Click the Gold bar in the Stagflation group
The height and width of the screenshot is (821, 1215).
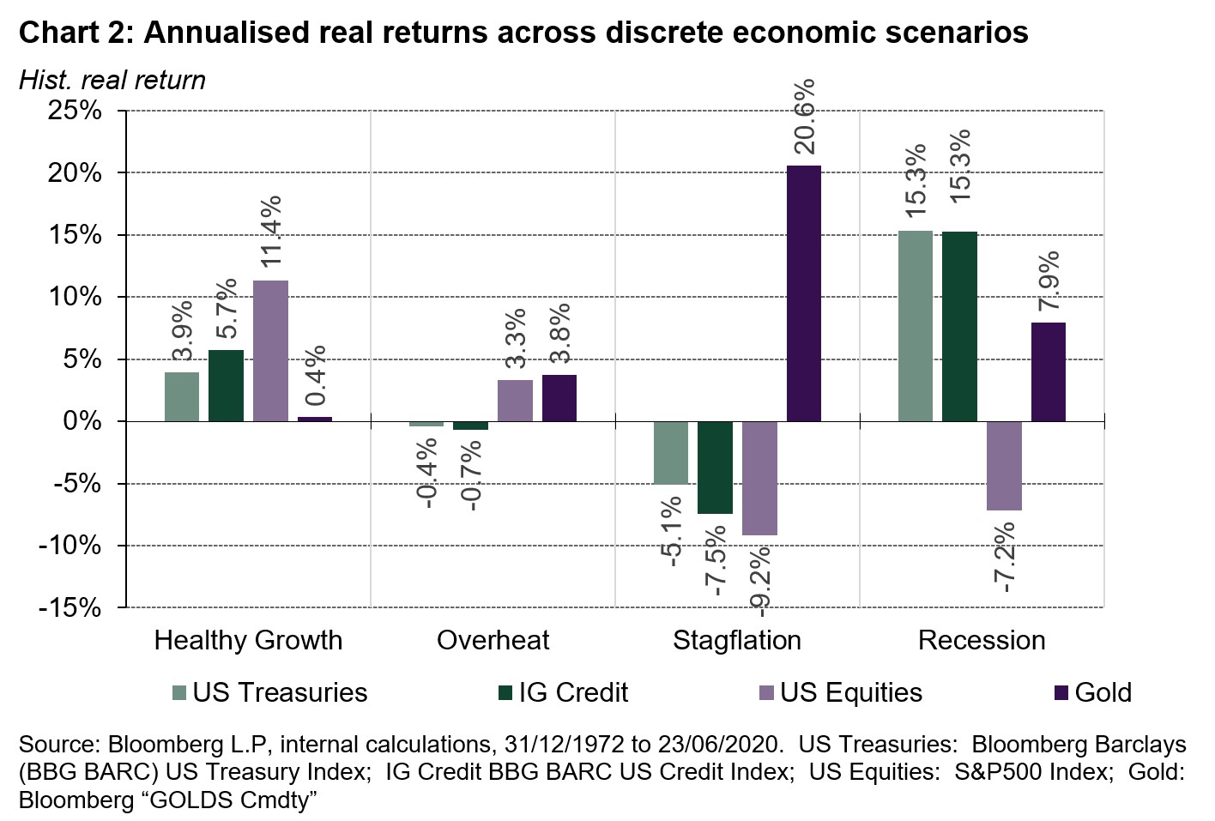pyautogui.click(x=803, y=293)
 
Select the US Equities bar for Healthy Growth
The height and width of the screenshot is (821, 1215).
pyautogui.click(x=270, y=351)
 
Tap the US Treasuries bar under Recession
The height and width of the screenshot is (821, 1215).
pyautogui.click(x=915, y=326)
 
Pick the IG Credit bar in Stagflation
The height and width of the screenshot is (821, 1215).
pyautogui.click(x=715, y=468)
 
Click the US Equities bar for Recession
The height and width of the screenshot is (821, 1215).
pyautogui.click(x=1004, y=466)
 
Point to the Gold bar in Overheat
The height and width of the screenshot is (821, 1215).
pyautogui.click(x=559, y=398)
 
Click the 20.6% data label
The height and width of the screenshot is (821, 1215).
pyautogui.click(x=803, y=117)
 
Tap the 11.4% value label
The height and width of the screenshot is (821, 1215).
pyautogui.click(x=270, y=232)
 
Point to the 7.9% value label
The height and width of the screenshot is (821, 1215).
pyautogui.click(x=1048, y=281)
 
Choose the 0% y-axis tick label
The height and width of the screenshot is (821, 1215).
pyautogui.click(x=84, y=421)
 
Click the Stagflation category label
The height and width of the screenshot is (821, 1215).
pyautogui.click(x=737, y=640)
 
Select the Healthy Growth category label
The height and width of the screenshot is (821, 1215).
pyautogui.click(x=248, y=640)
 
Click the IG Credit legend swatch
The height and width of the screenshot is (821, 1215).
pyautogui.click(x=505, y=692)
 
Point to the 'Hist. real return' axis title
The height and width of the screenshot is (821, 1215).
pyautogui.click(x=112, y=80)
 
